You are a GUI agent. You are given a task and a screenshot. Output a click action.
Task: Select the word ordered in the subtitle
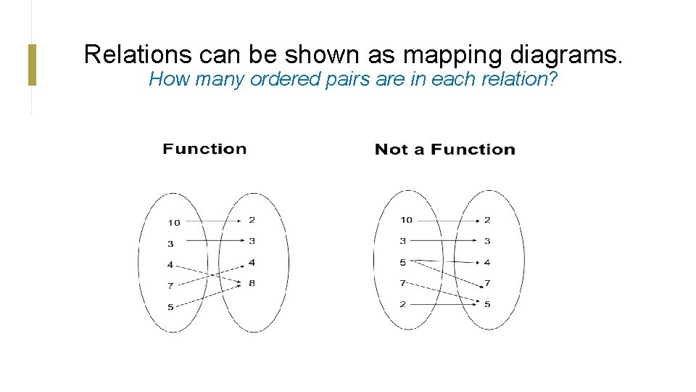click(281, 79)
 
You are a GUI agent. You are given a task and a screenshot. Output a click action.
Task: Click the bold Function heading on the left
click(204, 149)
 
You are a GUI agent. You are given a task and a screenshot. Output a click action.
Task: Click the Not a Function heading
click(444, 150)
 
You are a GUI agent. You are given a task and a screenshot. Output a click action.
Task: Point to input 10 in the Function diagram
click(174, 223)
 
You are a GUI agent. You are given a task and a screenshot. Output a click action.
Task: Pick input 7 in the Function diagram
click(170, 286)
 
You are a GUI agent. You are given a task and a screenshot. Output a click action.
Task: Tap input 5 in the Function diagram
click(170, 307)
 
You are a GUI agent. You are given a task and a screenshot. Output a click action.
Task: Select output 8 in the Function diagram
click(252, 283)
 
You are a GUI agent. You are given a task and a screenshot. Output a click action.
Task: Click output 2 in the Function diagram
click(252, 219)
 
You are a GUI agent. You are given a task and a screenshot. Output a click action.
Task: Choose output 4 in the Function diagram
click(252, 262)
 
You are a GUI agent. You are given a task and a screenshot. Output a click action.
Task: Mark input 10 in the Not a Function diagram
click(406, 220)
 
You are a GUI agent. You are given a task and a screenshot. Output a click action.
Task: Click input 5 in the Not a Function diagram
click(402, 262)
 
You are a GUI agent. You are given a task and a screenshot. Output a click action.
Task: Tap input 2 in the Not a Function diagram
click(402, 304)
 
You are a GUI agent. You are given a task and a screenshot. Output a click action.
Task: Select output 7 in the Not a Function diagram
click(487, 283)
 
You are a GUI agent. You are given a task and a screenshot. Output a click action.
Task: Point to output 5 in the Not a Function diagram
click(487, 304)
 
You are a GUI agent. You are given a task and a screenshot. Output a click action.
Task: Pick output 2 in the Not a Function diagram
click(487, 220)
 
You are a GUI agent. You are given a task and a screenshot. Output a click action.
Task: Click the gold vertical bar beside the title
click(32, 65)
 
